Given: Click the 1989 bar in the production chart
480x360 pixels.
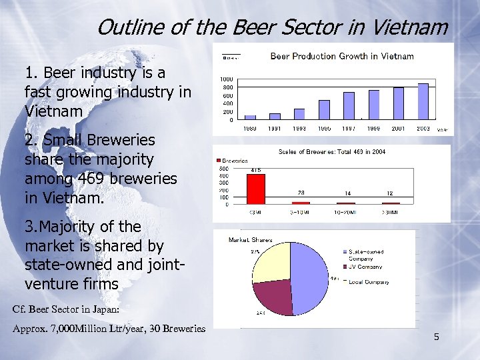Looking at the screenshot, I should [250, 117].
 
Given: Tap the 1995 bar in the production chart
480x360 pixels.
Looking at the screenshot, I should [324, 109].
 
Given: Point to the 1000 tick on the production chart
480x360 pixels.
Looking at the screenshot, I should [227, 79].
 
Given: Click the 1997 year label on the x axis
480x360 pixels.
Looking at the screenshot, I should [349, 127].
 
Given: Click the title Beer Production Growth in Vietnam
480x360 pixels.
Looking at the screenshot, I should [342, 57].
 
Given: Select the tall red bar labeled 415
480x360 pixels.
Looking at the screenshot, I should [255, 189].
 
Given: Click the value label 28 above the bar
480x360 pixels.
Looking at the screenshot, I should [301, 193].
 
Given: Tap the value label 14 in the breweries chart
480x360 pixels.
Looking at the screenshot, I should [347, 193].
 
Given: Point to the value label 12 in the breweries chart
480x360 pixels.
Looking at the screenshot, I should [391, 193].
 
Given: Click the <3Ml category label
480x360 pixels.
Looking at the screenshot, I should [255, 212].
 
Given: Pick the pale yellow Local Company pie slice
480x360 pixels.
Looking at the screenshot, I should [270, 263].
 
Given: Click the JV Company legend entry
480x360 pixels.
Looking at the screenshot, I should [365, 267].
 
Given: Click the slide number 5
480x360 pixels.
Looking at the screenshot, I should [436, 337].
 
